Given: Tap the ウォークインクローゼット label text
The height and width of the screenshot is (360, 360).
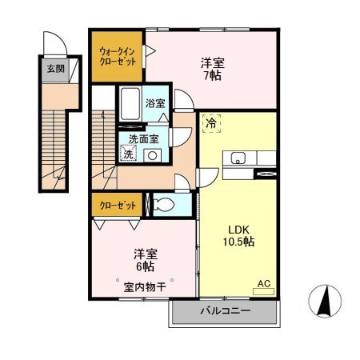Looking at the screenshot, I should tap(117, 55).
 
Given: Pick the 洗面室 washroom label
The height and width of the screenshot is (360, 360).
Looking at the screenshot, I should tap(143, 138).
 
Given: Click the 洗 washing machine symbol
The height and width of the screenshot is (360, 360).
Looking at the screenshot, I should tap(129, 154).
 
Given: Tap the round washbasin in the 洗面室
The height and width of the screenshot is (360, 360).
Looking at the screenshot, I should tap(151, 155).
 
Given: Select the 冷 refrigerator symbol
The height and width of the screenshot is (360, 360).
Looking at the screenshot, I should tap(211, 124).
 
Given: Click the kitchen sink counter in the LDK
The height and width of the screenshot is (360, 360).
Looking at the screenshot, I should tap(239, 158).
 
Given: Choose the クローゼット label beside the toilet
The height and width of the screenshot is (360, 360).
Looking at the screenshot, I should tap(118, 206).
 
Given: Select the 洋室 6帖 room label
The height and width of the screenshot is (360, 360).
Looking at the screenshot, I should tap(145, 260).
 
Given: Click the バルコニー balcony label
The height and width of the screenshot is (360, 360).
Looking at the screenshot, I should tap(224, 311).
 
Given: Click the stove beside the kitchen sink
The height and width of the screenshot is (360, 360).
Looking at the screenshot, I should tap(264, 172).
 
